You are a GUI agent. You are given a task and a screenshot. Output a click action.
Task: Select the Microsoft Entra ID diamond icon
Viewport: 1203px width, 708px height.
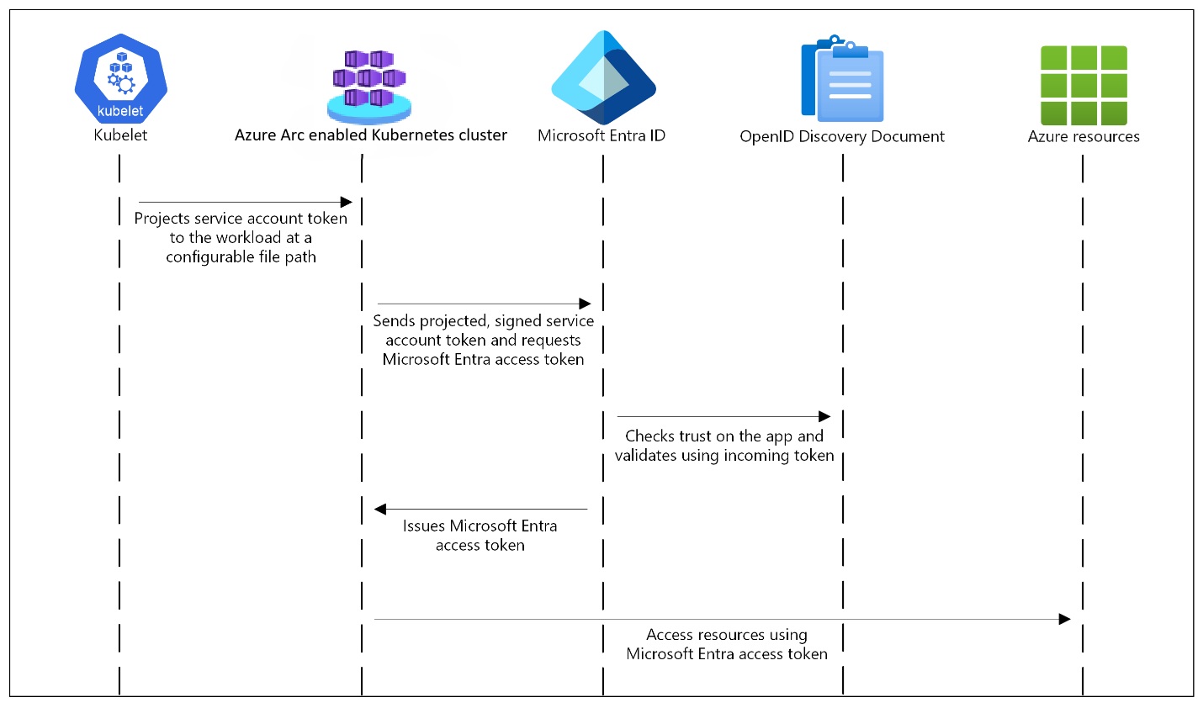tap(603, 78)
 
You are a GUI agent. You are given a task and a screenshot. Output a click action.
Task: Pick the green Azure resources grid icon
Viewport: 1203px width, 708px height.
tap(1084, 85)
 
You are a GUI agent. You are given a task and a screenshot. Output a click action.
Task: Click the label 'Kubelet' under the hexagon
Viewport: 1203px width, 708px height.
tap(120, 135)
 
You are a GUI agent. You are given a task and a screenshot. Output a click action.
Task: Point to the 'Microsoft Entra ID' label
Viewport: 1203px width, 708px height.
tap(601, 136)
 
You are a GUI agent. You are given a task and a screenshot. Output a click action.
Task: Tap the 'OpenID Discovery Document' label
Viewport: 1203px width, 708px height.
tap(842, 137)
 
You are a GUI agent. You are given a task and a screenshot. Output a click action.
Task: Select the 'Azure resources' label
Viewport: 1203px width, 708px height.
tap(1084, 137)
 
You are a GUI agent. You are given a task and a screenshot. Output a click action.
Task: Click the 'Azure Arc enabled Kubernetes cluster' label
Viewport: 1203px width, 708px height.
tap(371, 135)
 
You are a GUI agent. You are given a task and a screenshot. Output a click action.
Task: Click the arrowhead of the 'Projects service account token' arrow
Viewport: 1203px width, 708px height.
tap(346, 202)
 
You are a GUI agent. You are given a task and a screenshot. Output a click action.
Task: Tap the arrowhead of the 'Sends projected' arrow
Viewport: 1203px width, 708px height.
tap(585, 304)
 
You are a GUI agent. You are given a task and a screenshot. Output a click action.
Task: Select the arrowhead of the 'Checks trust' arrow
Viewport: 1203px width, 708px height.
tap(824, 416)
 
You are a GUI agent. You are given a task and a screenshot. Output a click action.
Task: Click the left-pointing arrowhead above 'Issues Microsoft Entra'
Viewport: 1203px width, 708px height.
tap(380, 509)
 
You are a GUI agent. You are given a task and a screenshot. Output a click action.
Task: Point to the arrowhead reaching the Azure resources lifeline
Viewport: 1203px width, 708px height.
tap(1064, 619)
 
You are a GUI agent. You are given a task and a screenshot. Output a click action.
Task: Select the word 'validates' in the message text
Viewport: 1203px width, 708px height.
tap(645, 456)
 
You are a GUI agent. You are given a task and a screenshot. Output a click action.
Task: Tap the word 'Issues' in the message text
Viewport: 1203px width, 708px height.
tap(424, 526)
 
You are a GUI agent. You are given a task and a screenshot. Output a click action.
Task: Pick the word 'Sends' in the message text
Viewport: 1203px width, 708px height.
tap(394, 321)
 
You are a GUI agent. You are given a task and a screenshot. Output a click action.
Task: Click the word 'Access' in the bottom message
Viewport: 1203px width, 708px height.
tap(670, 635)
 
